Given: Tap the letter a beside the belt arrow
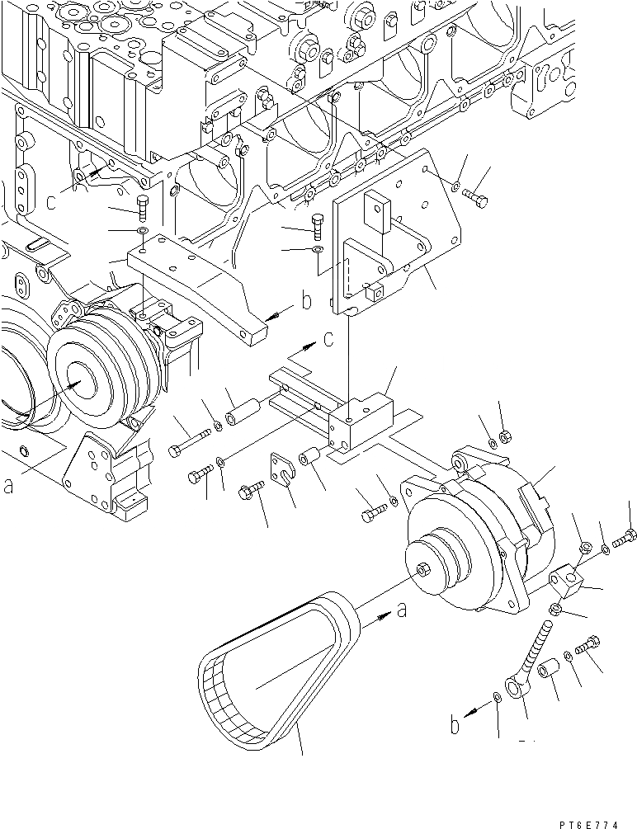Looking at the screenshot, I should click(401, 612).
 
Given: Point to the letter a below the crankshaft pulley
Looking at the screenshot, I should click(8, 487).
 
